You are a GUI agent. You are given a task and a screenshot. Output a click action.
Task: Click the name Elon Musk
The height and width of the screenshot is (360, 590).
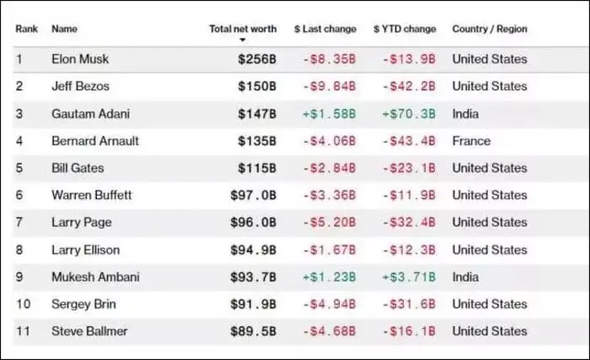click(80, 59)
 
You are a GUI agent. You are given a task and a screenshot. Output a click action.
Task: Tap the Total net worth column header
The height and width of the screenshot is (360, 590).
click(243, 29)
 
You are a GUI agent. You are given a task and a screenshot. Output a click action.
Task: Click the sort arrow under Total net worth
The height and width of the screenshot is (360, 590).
click(243, 40)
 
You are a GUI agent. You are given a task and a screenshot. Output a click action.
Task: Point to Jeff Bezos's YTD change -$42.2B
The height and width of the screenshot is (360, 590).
click(409, 86)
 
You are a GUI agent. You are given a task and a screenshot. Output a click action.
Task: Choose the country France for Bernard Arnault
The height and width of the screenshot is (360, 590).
click(471, 141)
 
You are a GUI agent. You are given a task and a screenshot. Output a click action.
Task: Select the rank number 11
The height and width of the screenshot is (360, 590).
click(23, 331)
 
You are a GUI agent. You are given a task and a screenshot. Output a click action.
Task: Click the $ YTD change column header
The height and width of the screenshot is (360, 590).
click(405, 29)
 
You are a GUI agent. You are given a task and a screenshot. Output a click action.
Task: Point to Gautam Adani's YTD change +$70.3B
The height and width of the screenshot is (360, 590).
click(409, 114)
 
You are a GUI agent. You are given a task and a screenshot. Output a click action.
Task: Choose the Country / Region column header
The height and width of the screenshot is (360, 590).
click(490, 29)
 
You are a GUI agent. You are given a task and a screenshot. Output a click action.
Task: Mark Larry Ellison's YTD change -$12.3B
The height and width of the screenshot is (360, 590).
click(409, 250)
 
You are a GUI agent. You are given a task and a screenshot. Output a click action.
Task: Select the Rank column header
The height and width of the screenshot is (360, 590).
click(26, 29)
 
